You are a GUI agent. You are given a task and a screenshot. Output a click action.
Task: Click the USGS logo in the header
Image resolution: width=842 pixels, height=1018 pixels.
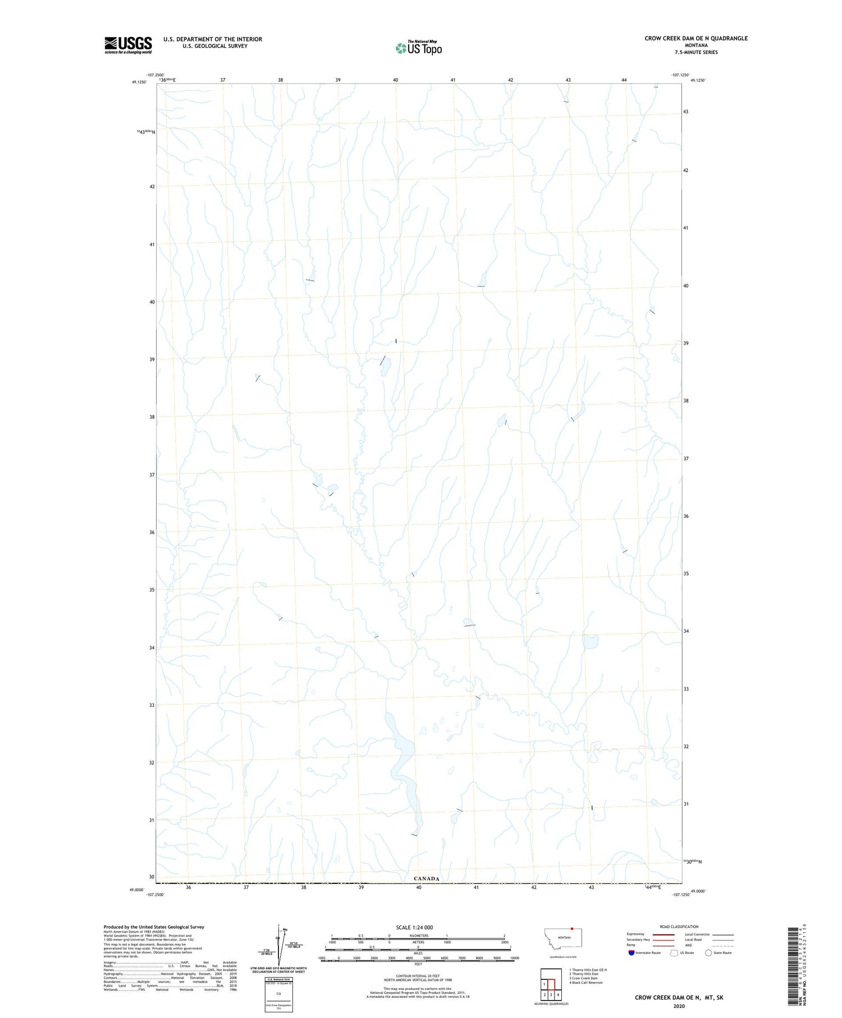(128, 45)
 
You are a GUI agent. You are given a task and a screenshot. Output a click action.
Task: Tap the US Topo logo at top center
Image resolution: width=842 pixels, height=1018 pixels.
(419, 48)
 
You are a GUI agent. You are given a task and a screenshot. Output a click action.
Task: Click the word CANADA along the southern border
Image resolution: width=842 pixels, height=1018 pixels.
(427, 878)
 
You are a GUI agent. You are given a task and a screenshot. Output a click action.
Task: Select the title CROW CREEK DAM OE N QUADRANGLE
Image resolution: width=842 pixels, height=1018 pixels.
(695, 38)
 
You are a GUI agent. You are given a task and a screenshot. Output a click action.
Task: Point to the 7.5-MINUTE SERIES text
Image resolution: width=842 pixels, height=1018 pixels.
(696, 52)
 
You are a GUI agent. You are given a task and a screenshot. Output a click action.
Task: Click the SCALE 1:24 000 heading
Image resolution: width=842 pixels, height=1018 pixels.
(414, 927)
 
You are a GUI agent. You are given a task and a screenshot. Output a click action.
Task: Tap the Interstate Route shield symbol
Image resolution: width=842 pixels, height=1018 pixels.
(631, 952)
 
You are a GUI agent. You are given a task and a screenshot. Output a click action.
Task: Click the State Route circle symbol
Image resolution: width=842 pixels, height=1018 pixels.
(708, 952)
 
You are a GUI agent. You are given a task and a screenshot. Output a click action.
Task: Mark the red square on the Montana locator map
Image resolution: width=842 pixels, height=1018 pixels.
(571, 928)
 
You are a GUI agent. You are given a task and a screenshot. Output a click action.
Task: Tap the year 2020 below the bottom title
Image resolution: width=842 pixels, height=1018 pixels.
(679, 1006)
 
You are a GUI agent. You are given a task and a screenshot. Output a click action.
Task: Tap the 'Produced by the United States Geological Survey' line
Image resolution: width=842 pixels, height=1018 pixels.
(154, 927)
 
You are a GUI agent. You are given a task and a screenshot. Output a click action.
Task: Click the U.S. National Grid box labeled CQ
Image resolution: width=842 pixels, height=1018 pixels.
(278, 993)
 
